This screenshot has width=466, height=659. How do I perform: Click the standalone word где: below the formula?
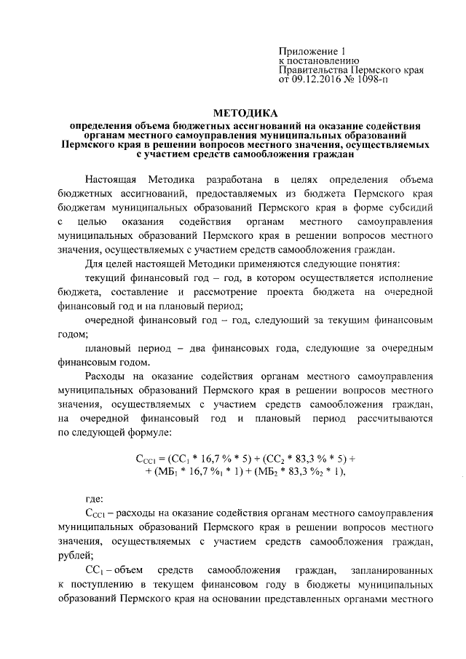(x=95, y=499)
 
